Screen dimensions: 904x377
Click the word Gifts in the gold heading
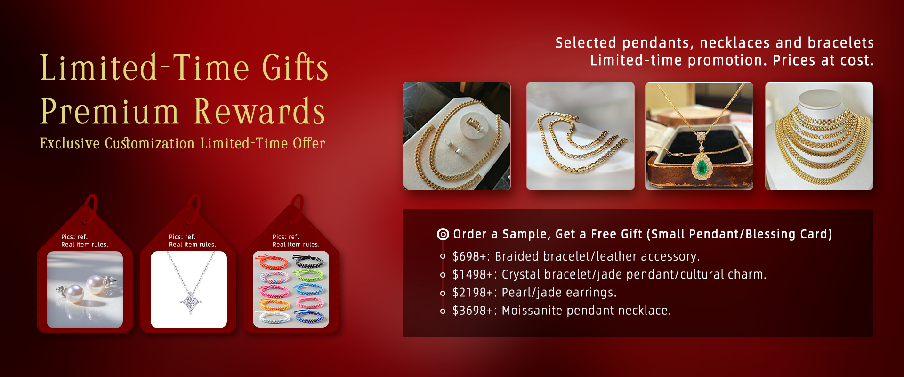tap(295, 67)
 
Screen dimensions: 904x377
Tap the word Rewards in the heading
tap(259, 111)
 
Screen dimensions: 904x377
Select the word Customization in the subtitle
tap(150, 143)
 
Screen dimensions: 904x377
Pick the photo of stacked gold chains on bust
tap(819, 136)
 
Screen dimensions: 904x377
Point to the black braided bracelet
tap(308, 260)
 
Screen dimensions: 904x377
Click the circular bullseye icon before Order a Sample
tap(443, 234)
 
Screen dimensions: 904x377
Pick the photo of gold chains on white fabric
tap(581, 136)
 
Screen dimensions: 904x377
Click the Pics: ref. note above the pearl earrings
tap(74, 237)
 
